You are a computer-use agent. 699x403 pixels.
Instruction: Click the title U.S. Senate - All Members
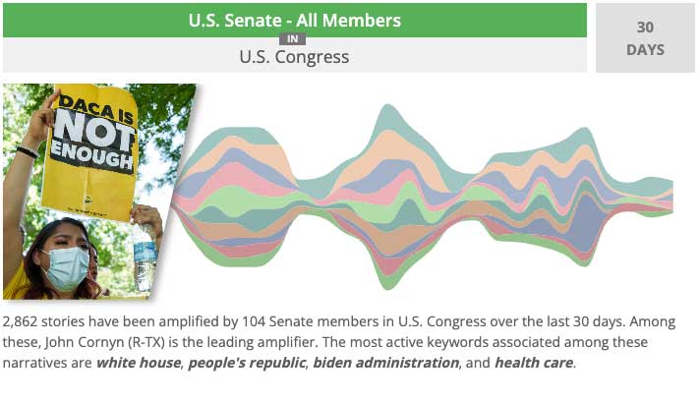click(x=295, y=21)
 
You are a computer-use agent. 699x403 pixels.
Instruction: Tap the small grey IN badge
click(x=292, y=39)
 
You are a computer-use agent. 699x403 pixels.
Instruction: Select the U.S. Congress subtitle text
click(x=294, y=57)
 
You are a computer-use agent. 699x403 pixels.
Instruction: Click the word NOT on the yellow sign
click(x=94, y=130)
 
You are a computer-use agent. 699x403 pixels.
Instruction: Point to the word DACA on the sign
click(x=86, y=105)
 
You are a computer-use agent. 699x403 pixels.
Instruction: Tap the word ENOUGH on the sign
click(x=91, y=157)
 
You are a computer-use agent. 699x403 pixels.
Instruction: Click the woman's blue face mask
click(x=67, y=268)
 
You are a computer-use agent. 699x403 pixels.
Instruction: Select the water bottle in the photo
click(x=145, y=256)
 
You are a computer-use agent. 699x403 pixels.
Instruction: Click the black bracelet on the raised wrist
click(x=27, y=152)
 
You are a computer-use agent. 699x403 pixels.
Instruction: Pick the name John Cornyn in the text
click(x=85, y=342)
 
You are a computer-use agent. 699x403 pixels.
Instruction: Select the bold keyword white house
click(x=139, y=363)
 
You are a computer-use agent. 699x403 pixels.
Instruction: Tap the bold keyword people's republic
click(x=247, y=364)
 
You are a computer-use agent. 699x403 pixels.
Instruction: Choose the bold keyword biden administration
click(x=385, y=363)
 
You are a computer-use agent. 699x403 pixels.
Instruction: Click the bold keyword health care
click(x=534, y=363)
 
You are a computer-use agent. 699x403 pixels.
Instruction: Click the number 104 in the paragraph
click(x=254, y=321)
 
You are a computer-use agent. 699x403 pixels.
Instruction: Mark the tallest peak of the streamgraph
click(x=387, y=105)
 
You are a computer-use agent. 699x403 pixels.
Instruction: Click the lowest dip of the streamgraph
click(x=387, y=289)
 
